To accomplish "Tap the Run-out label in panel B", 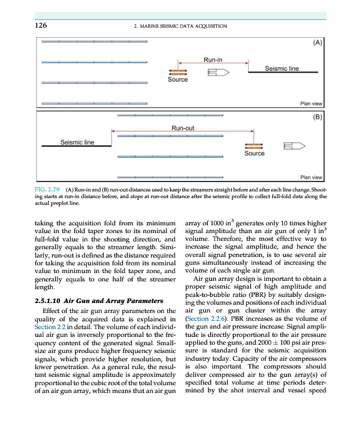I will (x=182, y=128).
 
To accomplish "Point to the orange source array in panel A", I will (x=178, y=73).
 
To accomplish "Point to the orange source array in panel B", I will (x=254, y=146).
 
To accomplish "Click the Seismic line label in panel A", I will (x=283, y=68).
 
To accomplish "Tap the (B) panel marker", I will (x=318, y=118).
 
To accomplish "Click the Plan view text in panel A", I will (x=311, y=103).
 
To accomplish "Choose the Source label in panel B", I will (x=254, y=154).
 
